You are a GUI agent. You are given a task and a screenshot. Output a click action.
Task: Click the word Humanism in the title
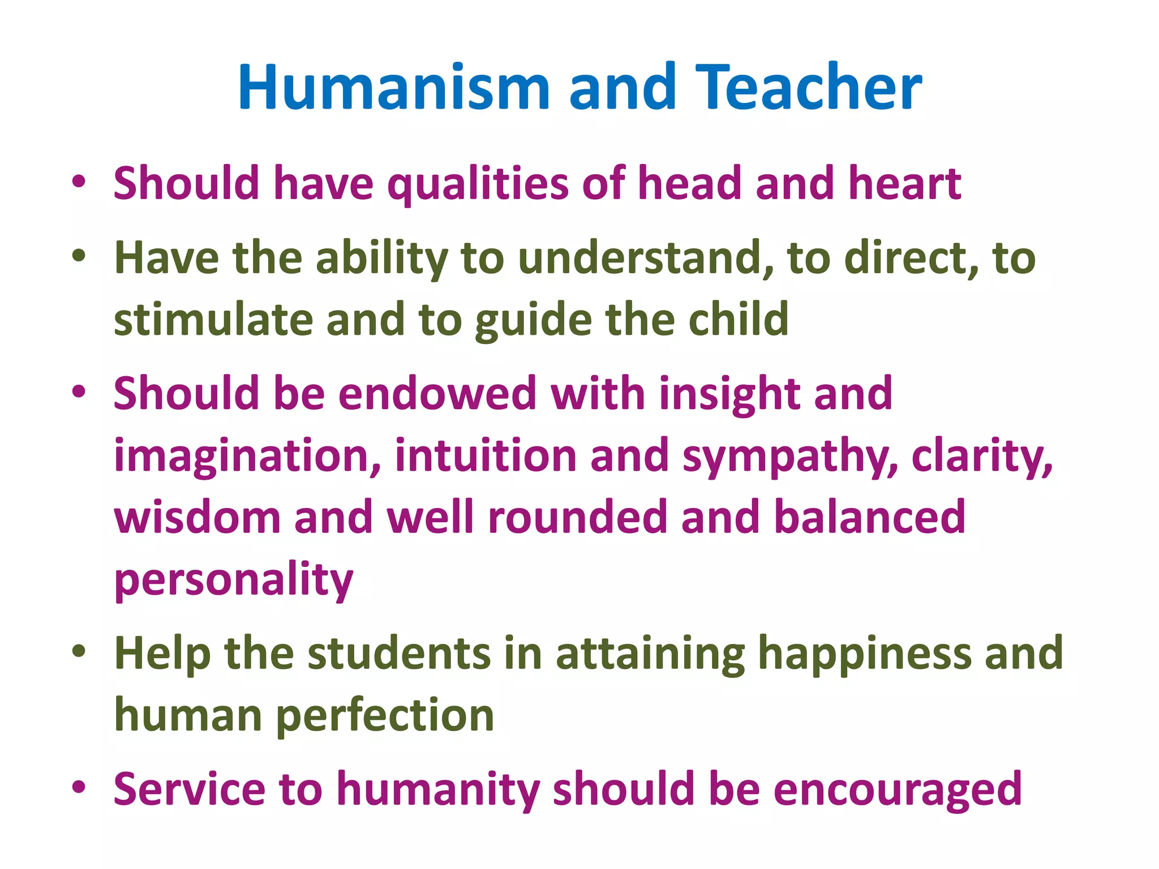coord(394,88)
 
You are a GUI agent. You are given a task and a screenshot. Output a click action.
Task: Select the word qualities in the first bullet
coord(478,184)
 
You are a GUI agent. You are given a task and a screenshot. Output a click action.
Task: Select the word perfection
coord(385,716)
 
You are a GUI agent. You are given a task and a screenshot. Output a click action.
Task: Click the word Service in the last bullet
coord(189,789)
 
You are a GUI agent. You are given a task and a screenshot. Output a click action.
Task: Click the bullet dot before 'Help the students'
coord(79,651)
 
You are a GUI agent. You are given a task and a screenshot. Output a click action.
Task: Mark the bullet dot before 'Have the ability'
coord(79,255)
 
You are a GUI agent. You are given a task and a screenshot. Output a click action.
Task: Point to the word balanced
coord(869,517)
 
